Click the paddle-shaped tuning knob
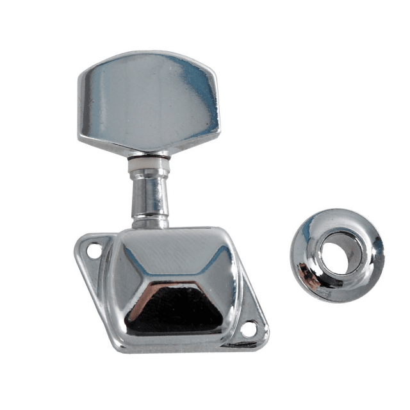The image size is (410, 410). pyautogui.click(x=149, y=102)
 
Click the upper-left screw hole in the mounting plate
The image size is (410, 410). pyautogui.click(x=94, y=252)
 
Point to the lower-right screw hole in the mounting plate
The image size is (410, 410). pyautogui.click(x=249, y=329)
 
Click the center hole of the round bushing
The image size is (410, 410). pyautogui.click(x=338, y=251)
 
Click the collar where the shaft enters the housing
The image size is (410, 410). pyautogui.click(x=150, y=222)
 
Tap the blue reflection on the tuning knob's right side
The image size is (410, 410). pyautogui.click(x=202, y=96)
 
